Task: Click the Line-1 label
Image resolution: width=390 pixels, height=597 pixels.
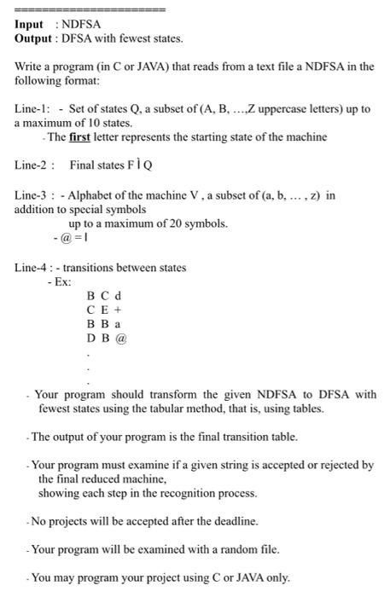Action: tap(32, 110)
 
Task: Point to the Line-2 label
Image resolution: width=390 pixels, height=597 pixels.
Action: tap(33, 165)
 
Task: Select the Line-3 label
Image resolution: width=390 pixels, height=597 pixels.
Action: tap(32, 195)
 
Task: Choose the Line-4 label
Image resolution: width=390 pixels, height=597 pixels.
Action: tap(33, 267)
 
